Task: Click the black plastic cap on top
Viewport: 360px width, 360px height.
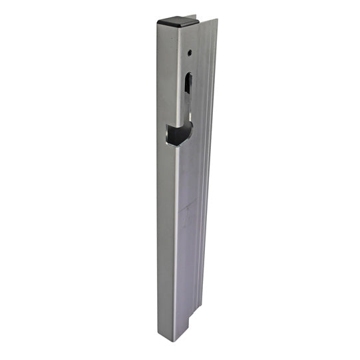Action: [176, 21]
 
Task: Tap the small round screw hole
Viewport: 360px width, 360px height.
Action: [190, 51]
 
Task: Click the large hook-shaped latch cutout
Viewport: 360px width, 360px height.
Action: [178, 133]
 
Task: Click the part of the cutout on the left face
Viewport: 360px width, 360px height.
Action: [168, 134]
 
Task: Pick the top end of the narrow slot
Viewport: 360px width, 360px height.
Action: [188, 73]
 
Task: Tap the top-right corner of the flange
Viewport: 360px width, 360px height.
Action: [216, 19]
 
